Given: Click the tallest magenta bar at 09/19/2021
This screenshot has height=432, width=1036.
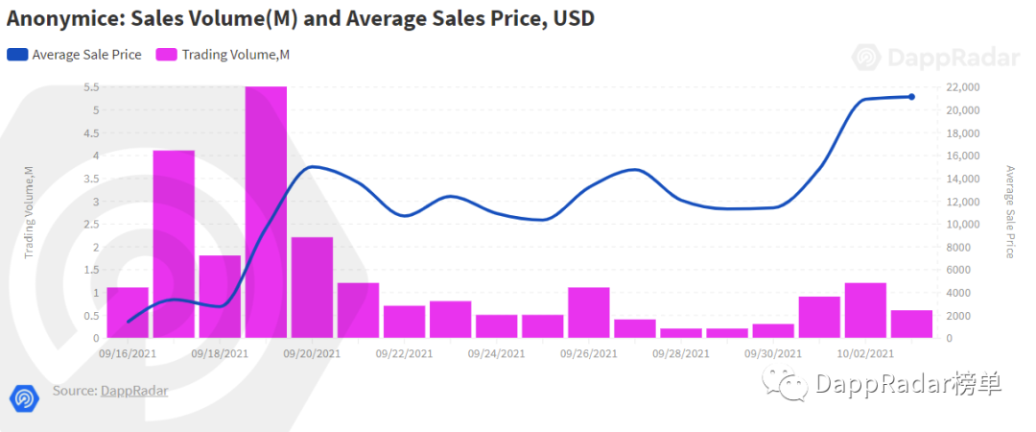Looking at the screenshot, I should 266,211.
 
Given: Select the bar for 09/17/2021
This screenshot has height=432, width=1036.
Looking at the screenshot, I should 174,244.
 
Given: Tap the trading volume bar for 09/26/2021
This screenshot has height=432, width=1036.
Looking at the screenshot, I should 588,312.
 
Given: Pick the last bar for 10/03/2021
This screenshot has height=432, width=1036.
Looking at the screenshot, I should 910,324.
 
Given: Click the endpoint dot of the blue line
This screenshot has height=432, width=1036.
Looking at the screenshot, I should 911,97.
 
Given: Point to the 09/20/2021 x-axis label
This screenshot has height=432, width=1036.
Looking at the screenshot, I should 312,353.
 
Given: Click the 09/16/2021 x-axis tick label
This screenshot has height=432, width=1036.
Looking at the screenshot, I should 128,353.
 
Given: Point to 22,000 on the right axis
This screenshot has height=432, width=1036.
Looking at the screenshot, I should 963,87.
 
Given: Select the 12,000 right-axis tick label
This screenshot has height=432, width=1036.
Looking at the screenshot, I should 963,202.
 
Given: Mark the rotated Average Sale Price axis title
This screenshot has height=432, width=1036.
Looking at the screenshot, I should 1009,212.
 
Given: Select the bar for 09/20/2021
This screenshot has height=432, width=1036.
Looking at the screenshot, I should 312,287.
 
